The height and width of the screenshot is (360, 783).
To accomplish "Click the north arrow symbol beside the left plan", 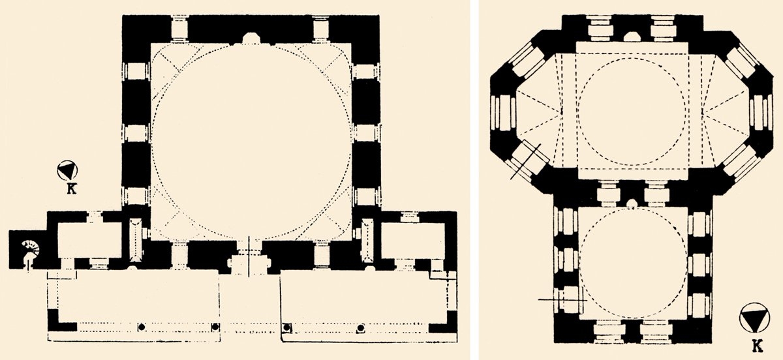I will tap(68, 171).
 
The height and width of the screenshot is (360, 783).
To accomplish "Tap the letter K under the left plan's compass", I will tap(68, 190).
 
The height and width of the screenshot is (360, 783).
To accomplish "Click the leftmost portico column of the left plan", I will tap(140, 327).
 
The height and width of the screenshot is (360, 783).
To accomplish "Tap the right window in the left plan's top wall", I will tap(320, 29).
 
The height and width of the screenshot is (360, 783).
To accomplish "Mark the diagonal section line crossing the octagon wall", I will tap(525, 162).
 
